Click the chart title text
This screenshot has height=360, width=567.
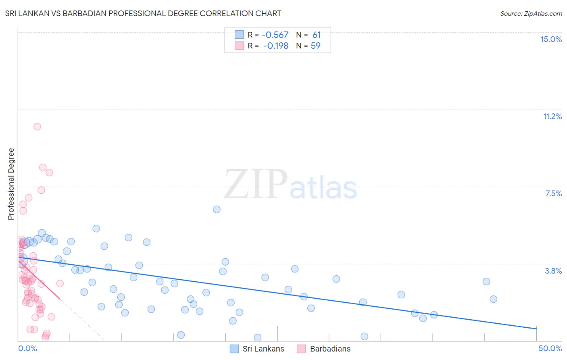click(143, 13)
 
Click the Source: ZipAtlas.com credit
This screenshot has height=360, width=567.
click(531, 13)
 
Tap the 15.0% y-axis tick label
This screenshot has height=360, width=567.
click(551, 39)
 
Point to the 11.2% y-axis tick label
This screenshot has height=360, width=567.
click(552, 116)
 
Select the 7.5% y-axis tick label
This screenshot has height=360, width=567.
click(553, 193)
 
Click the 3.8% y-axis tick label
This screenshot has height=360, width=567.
click(553, 271)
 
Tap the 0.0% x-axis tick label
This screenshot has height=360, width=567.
click(27, 348)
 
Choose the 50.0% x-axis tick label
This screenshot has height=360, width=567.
click(550, 348)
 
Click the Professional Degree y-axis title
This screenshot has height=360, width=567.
click(11, 184)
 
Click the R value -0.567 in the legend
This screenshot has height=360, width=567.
click(275, 35)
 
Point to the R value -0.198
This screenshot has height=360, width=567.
click(276, 46)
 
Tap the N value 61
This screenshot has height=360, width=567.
click(317, 35)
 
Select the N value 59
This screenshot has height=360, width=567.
click(316, 46)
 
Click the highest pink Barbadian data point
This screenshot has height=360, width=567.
click(37, 126)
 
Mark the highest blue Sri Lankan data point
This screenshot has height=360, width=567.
click(217, 209)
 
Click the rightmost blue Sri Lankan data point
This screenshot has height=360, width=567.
click(493, 299)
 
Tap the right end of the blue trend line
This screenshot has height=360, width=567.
click(536, 329)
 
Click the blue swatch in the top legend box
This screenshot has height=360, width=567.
click(239, 35)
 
